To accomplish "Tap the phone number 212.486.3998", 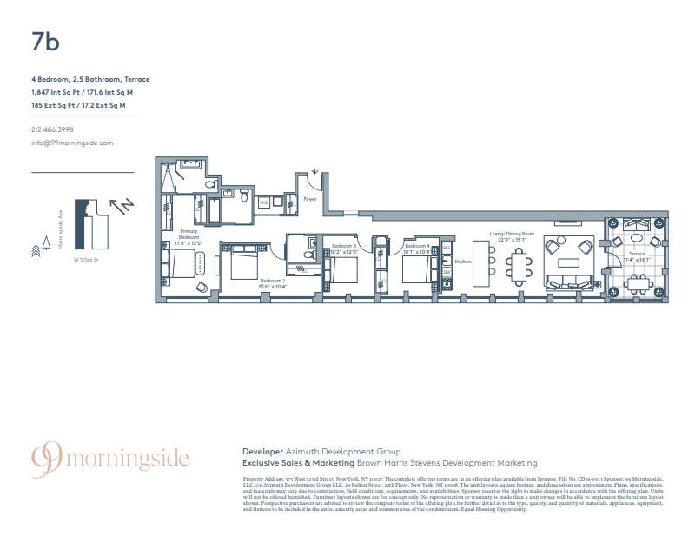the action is point(52,130).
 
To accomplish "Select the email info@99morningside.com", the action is point(72,142).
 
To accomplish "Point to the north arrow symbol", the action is point(122,205).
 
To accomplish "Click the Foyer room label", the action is point(310,199).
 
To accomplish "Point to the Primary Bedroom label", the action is point(189,239).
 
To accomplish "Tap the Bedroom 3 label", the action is point(344,246).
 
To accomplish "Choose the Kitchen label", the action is point(462,262).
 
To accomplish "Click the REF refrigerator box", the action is point(447,249).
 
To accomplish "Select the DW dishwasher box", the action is point(447,272).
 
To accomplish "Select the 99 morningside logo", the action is point(109,458).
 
